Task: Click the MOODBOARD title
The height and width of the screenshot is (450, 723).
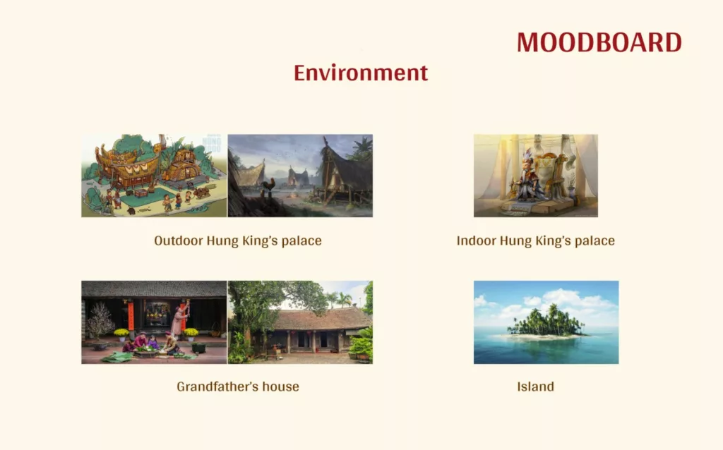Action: point(599,43)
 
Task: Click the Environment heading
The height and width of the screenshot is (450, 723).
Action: point(361,73)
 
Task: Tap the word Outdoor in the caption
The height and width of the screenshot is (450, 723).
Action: point(178,241)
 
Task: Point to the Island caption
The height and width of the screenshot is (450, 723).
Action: point(535,387)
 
